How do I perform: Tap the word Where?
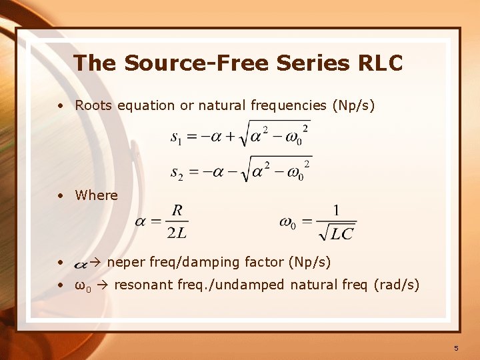[x=96, y=195]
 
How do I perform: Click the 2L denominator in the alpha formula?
[x=177, y=233]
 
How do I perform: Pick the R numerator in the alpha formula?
[x=177, y=211]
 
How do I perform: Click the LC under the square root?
[x=341, y=233]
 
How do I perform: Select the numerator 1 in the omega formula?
[x=336, y=211]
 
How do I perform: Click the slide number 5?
[x=456, y=348]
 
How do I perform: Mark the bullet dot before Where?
[x=61, y=196]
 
